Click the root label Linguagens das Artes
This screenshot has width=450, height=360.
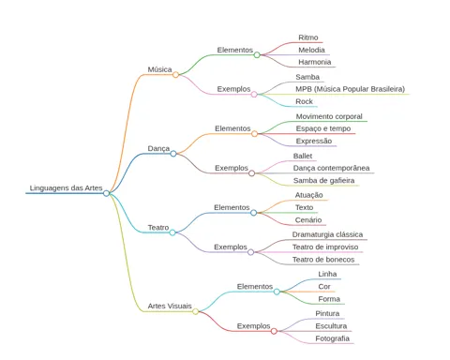(66, 188)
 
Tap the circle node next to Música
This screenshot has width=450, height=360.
(175, 75)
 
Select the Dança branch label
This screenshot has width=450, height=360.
(158, 148)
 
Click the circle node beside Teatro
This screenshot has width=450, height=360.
(172, 232)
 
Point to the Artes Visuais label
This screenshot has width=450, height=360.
(170, 306)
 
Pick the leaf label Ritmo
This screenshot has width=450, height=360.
(308, 37)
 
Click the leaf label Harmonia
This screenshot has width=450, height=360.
(315, 62)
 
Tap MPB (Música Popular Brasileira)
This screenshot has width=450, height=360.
(351, 89)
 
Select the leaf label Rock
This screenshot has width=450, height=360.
(304, 101)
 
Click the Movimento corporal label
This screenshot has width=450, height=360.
(329, 116)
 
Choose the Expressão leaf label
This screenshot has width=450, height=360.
(314, 141)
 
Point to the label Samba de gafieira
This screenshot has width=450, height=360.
(323, 181)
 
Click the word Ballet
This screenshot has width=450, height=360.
(303, 156)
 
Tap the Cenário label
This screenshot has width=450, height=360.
(308, 220)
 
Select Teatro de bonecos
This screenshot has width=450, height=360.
(323, 260)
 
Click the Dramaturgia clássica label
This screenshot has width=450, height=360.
(327, 234)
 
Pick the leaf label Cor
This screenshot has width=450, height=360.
(324, 287)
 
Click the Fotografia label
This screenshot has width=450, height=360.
(332, 338)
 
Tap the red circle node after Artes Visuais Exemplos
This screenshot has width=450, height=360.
(274, 331)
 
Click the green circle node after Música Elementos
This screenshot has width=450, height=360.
(257, 55)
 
